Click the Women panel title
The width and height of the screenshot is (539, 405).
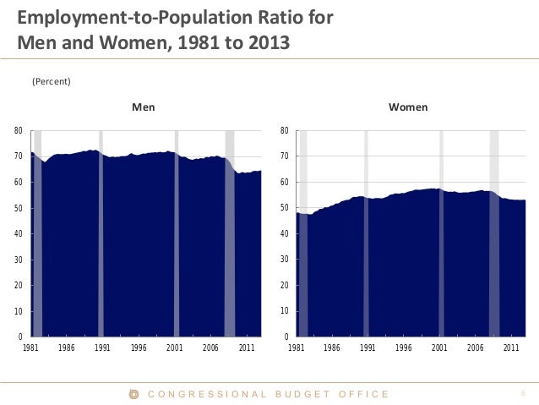coord(407,108)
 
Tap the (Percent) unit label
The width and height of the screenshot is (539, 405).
coord(51,81)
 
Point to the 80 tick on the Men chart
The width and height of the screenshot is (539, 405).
coord(19,131)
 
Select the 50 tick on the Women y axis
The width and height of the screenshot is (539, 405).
coord(285,208)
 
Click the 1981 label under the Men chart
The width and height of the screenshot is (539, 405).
coord(31,348)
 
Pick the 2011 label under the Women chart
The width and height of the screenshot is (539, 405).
coord(511,348)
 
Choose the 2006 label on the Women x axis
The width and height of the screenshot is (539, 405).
coord(475,348)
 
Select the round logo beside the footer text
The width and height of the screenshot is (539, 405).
coord(133,393)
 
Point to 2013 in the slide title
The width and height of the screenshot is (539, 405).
coord(270,41)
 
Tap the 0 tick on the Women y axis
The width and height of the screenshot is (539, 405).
coord(287,337)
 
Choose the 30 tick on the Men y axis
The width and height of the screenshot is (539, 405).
coord(19,260)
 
